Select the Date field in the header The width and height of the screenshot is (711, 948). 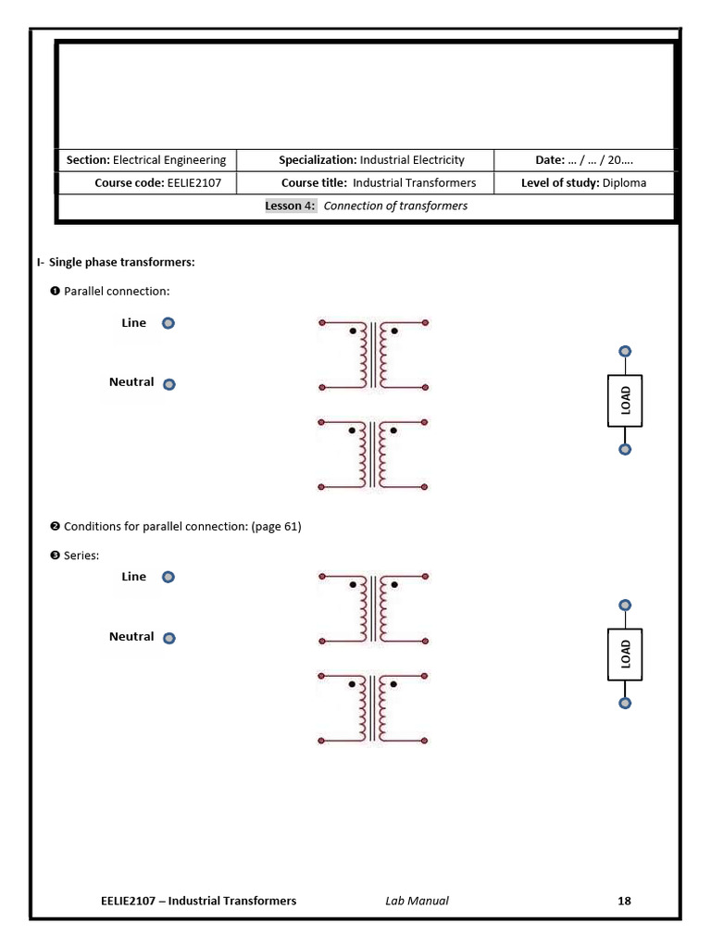point(584,160)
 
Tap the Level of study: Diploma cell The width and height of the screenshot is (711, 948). point(584,183)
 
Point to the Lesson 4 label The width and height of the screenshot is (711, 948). point(290,206)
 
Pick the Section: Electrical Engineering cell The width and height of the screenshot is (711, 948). point(145,160)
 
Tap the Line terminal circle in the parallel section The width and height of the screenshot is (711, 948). point(168,324)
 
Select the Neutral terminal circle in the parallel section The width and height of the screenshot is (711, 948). point(168,384)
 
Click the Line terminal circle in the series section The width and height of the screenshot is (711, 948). point(168,577)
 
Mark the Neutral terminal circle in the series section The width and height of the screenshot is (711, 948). point(168,638)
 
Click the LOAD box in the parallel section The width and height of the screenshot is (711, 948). point(625,400)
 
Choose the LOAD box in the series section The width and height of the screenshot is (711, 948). point(625,654)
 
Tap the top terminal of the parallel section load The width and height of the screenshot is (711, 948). point(625,352)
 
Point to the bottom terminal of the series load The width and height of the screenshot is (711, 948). point(625,704)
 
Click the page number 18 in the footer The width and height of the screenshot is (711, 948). point(624,901)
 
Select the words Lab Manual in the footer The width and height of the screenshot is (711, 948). point(417,901)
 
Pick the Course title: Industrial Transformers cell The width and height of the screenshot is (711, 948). point(378,183)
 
